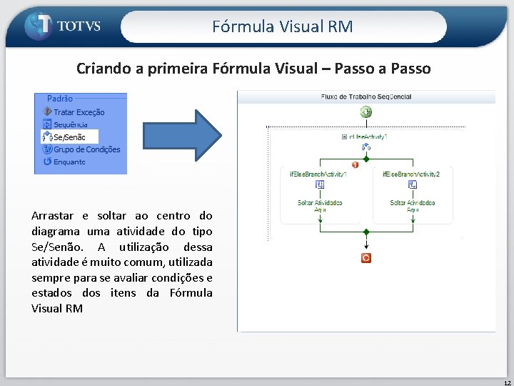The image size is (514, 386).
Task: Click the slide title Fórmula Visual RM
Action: pyautogui.click(x=283, y=26)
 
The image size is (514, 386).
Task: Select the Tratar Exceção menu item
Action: pyautogui.click(x=79, y=112)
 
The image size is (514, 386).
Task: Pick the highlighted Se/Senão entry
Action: pyautogui.click(x=69, y=137)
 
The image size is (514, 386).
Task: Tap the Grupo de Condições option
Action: pyautogui.click(x=86, y=149)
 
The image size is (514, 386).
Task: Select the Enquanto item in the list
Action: pyautogui.click(x=69, y=162)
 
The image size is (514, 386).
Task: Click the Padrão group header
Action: pyautogui.click(x=59, y=99)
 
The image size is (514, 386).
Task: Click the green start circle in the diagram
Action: pyautogui.click(x=366, y=112)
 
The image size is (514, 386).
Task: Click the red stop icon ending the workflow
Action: pyautogui.click(x=366, y=258)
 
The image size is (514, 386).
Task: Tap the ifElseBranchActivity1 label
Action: pyautogui.click(x=318, y=174)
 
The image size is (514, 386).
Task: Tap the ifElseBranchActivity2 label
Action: pyautogui.click(x=411, y=174)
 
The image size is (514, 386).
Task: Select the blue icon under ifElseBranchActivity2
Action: pyautogui.click(x=412, y=184)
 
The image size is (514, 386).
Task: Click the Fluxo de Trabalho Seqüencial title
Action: pyautogui.click(x=366, y=96)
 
